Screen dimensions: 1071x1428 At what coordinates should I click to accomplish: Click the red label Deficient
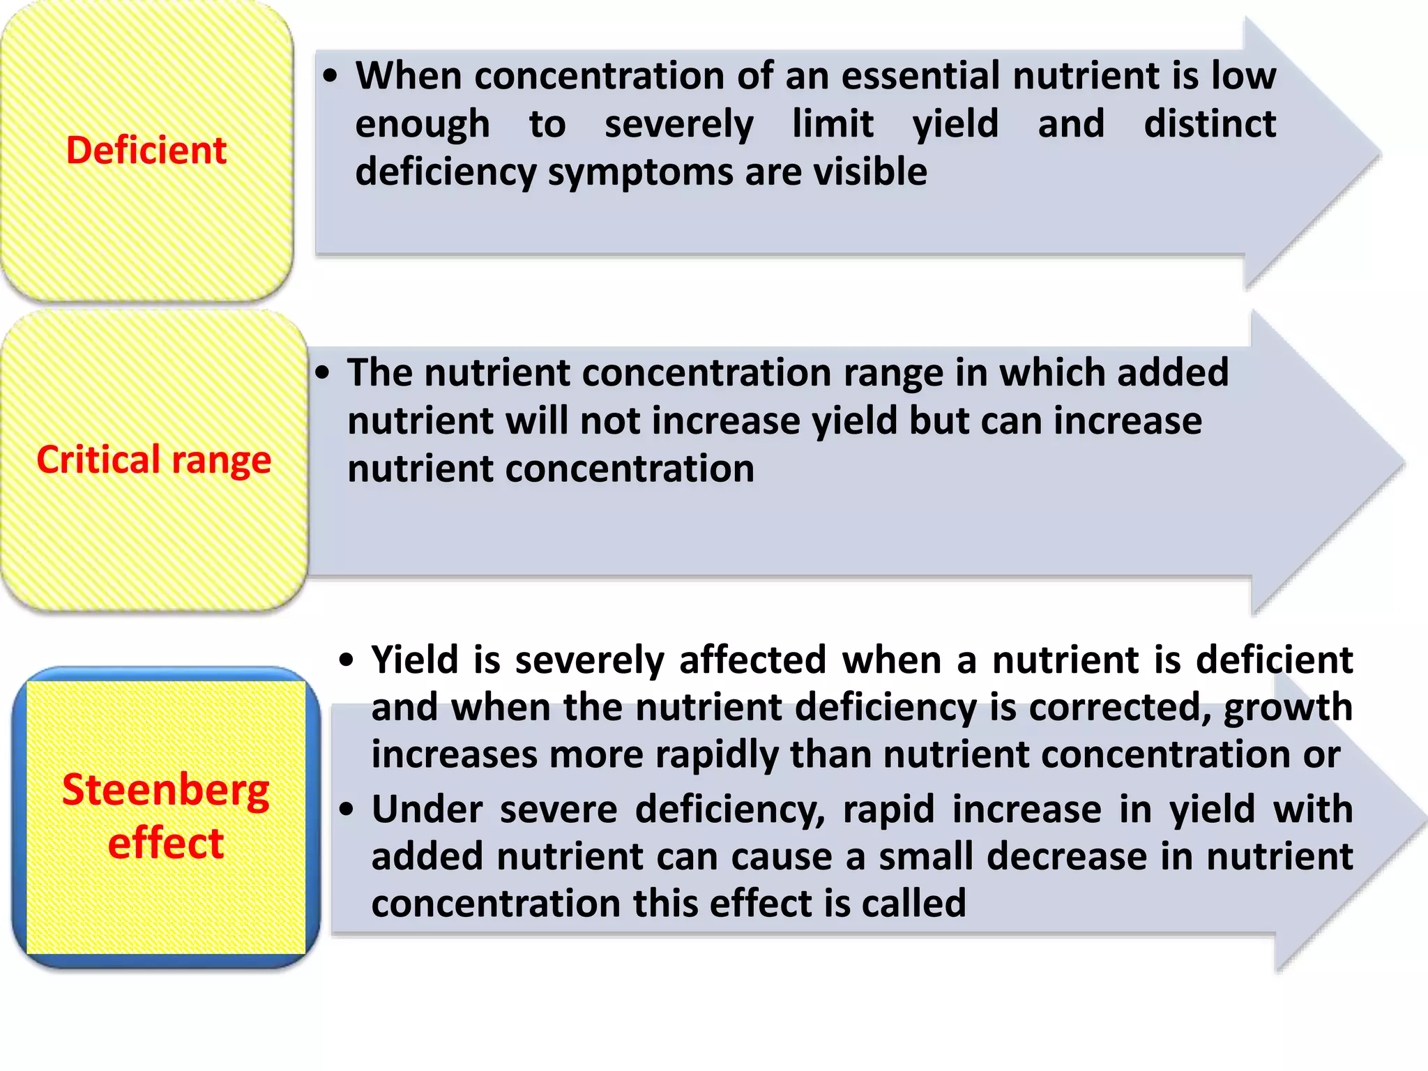click(x=146, y=151)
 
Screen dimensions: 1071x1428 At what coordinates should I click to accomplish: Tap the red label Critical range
click(x=153, y=460)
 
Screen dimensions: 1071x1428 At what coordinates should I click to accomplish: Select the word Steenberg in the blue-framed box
click(x=166, y=791)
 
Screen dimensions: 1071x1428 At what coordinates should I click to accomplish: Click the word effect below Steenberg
click(x=166, y=843)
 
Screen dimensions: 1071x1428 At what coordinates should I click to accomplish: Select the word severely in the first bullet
click(x=678, y=125)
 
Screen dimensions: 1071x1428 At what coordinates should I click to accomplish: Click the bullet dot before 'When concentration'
click(x=331, y=76)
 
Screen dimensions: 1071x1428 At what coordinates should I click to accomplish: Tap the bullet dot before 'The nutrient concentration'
click(x=321, y=373)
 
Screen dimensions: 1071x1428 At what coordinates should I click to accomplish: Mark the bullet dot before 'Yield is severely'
click(x=347, y=660)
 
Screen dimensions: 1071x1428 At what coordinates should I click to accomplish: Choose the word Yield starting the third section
click(x=414, y=660)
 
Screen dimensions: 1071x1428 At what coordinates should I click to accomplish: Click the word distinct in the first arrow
click(x=1210, y=124)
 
